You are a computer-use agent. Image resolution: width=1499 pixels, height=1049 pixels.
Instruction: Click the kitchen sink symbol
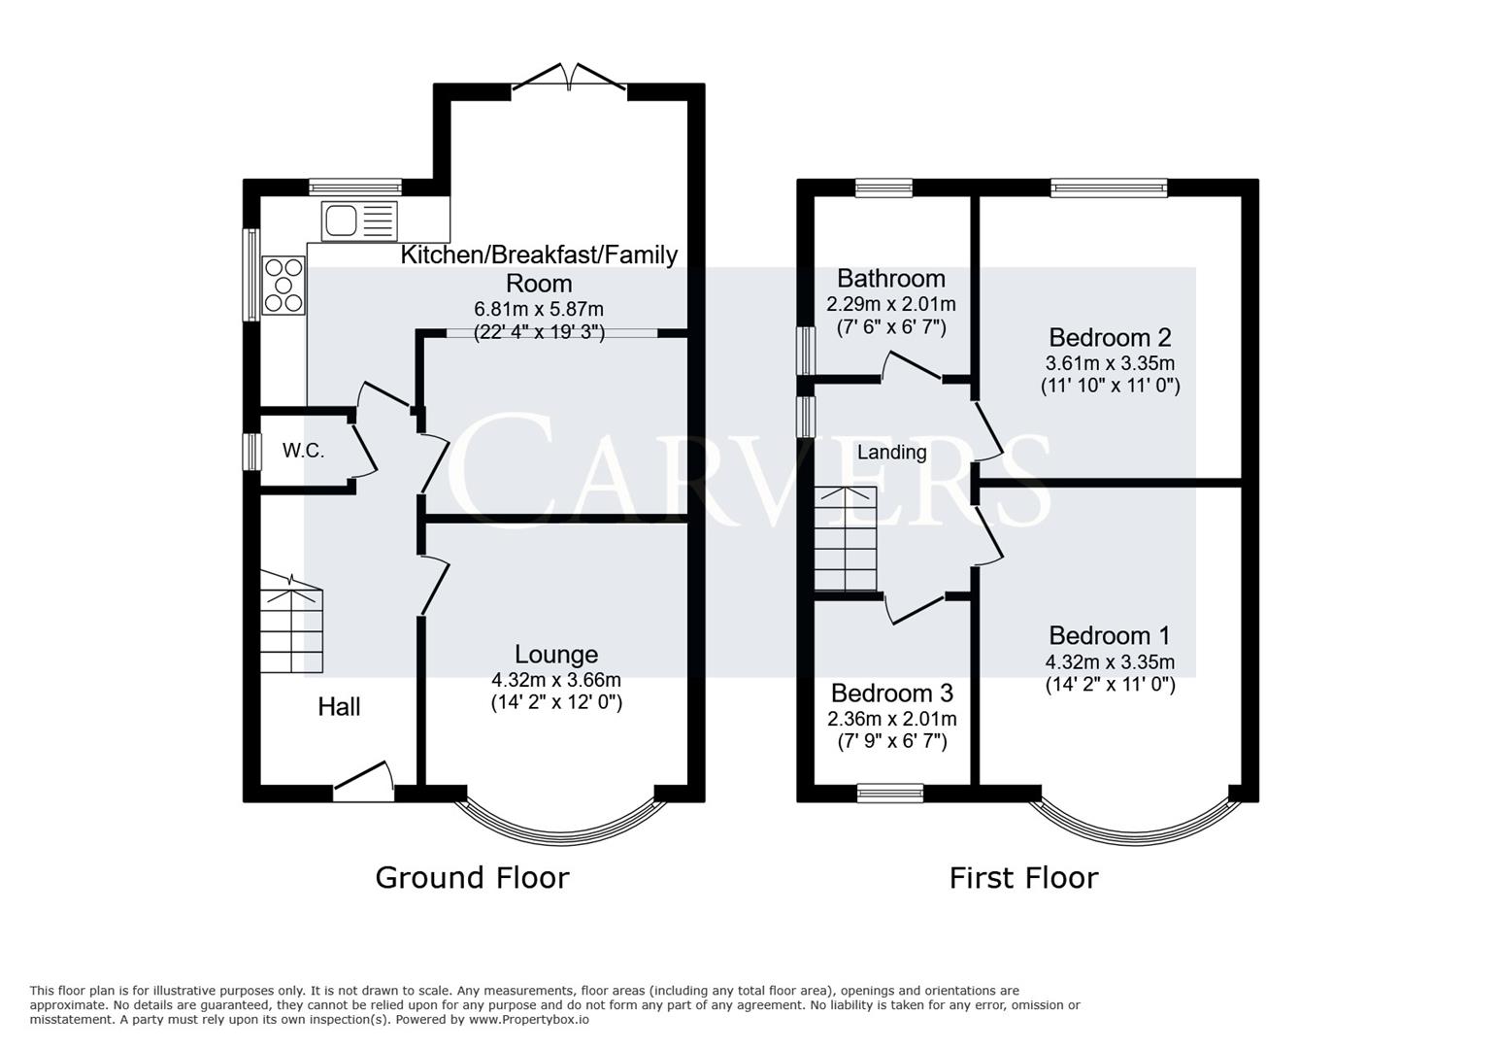[x=359, y=220]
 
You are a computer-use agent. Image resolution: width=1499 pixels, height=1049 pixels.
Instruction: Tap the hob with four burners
[x=283, y=286]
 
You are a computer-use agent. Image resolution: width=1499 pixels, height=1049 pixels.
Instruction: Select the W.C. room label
[x=303, y=451]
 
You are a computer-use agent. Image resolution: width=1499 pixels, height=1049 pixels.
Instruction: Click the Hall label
[x=339, y=707]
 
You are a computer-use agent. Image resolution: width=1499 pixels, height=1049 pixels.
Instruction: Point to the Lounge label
[x=556, y=655]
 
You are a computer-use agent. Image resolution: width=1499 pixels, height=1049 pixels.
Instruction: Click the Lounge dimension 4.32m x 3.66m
[x=556, y=680]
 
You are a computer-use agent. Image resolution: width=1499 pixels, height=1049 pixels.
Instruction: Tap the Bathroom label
[x=891, y=279]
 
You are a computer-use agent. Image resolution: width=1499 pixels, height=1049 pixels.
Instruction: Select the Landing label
[x=891, y=452]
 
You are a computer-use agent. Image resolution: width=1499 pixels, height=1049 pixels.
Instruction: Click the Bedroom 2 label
[x=1110, y=338]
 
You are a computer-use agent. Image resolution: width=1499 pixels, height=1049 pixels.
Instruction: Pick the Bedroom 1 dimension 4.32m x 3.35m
[x=1110, y=662]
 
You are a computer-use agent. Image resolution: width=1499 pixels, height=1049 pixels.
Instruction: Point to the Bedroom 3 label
[x=891, y=694]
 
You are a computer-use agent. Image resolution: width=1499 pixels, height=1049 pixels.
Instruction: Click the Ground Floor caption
[x=472, y=878]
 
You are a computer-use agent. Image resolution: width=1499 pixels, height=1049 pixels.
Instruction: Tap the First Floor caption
[x=1023, y=878]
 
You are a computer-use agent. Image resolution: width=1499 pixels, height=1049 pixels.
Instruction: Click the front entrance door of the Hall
[x=363, y=785]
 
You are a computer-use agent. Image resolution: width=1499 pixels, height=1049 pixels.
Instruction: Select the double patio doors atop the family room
[x=570, y=80]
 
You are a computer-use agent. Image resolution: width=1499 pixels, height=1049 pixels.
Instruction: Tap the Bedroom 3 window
[x=890, y=794]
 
